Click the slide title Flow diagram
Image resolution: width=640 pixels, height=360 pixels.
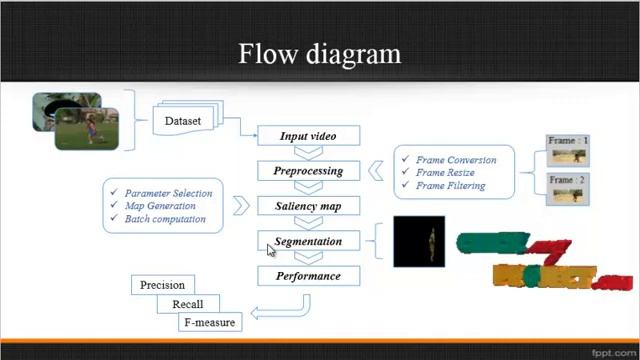tap(319, 52)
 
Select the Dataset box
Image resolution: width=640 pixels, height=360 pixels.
tap(182, 121)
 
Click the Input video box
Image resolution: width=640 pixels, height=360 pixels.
tap(308, 136)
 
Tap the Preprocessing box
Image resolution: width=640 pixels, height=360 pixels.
tap(308, 171)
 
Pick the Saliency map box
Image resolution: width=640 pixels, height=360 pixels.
tap(308, 206)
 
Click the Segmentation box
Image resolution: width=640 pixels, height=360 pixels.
tap(308, 241)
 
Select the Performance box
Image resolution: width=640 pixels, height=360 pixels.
tap(308, 276)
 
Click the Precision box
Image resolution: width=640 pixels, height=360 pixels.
tap(162, 285)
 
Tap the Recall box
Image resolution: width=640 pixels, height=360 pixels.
tap(187, 304)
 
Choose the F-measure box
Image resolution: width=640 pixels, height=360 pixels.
tap(209, 322)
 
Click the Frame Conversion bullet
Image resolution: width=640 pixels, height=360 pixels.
tap(456, 160)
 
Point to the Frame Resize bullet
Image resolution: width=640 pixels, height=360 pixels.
tap(446, 173)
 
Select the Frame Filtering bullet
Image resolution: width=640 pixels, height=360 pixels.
tap(451, 186)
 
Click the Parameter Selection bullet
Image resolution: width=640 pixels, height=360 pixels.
tap(168, 193)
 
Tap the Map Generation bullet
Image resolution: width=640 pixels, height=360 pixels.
tap(160, 206)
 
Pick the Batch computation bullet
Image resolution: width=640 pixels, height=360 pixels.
tap(165, 219)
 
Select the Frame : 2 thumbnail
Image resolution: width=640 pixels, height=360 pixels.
tap(567, 188)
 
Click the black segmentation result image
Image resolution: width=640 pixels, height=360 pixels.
tap(419, 242)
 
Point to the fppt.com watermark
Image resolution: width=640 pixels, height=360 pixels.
tap(612, 352)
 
